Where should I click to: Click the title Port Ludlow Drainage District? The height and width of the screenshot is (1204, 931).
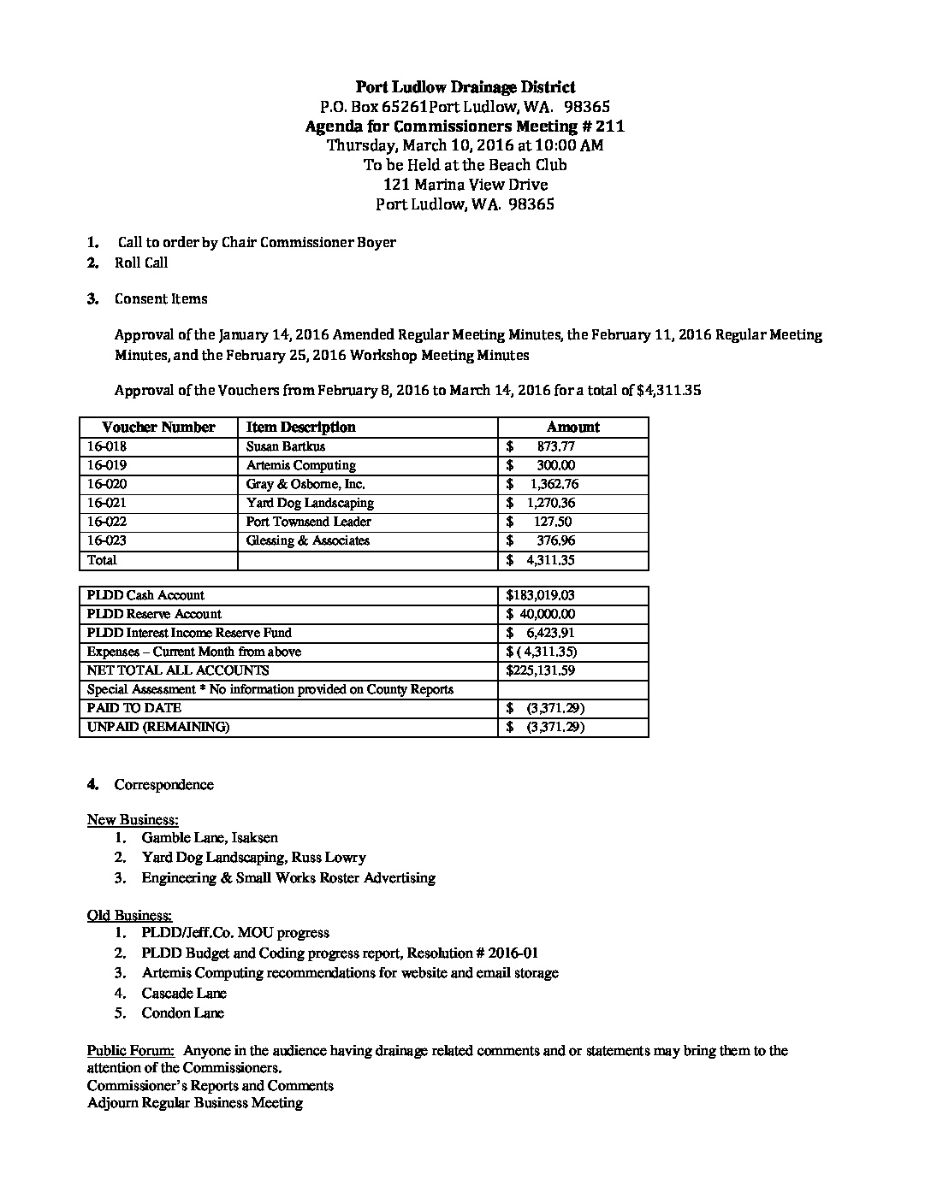tap(465, 87)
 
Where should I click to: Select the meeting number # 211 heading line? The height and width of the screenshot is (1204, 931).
tap(465, 127)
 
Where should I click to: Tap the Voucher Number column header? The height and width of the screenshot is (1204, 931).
tap(158, 428)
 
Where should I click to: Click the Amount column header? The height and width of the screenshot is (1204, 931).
tap(573, 428)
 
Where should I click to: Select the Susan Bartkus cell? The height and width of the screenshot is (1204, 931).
tap(286, 446)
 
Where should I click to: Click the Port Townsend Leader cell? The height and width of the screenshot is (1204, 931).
tap(309, 522)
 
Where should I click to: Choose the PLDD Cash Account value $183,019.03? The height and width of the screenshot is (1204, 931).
tap(541, 595)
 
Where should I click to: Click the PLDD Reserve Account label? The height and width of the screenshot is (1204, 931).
tap(154, 614)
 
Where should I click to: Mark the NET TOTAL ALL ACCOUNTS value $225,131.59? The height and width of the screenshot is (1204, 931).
tap(541, 670)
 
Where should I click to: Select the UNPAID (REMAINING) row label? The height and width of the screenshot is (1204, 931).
tap(158, 727)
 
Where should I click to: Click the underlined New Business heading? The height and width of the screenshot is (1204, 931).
tap(133, 820)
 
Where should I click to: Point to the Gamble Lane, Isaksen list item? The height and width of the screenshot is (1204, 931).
tap(210, 838)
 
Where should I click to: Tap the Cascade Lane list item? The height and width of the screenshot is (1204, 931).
tap(184, 994)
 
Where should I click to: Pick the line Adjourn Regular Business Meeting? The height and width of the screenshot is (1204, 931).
tap(195, 1103)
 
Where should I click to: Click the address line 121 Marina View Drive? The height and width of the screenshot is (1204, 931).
tap(465, 185)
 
